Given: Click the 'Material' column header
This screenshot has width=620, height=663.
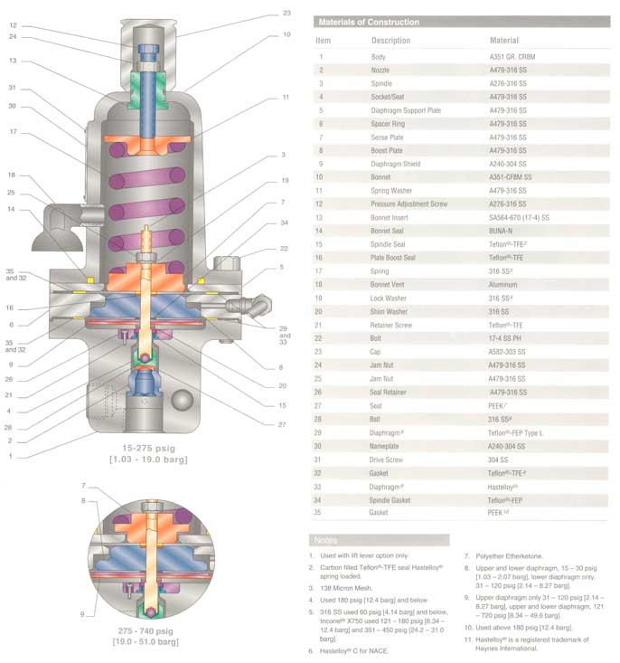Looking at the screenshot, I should coord(504,41).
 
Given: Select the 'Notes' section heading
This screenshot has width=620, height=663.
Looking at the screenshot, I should coord(327,540).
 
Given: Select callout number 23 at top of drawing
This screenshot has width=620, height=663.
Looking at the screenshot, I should coord(287,13).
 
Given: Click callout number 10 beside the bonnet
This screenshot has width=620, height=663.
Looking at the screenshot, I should coord(287,34).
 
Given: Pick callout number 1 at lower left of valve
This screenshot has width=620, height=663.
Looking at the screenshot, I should coord(11,456).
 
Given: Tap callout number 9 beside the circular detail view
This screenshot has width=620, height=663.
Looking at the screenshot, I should coord(83,615).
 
